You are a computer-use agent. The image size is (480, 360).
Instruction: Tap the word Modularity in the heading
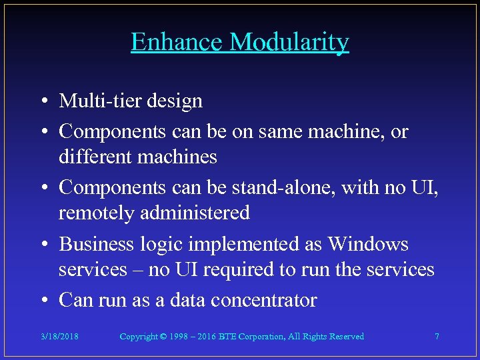[289, 42]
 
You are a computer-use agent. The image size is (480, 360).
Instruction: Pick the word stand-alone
[284, 188]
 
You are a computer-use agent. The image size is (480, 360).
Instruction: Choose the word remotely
[95, 213]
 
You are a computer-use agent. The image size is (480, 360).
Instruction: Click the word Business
[97, 244]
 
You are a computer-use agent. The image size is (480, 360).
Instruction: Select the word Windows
[368, 244]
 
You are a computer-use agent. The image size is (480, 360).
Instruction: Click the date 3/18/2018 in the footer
[59, 337]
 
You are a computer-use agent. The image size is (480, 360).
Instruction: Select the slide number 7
[437, 337]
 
